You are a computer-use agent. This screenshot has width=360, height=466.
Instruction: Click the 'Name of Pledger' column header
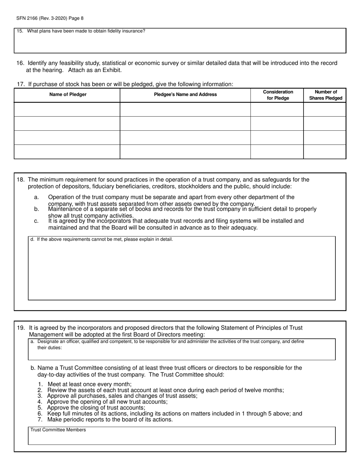coord(68,95)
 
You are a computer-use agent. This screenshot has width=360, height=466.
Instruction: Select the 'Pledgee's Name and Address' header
coord(185,95)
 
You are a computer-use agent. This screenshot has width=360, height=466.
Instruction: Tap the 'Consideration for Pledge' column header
coord(278,95)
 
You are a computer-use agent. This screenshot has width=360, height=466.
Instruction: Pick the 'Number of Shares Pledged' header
coord(326,95)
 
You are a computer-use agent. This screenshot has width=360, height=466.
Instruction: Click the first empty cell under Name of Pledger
coord(67,109)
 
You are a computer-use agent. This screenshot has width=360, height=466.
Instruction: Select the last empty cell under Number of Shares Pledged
coord(325,152)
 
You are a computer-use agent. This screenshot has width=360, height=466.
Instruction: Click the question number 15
coord(20,31)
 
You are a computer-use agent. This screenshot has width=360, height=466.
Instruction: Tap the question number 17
coord(20,84)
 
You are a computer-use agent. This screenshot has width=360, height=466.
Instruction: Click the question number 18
coord(20,180)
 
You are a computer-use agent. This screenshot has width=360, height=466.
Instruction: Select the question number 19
coord(21,328)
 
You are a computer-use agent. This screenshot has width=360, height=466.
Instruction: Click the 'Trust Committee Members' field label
coord(58,430)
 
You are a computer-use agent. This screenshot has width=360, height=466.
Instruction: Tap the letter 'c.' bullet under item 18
coord(36,221)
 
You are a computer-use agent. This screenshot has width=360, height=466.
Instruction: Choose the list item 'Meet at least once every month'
coord(89,384)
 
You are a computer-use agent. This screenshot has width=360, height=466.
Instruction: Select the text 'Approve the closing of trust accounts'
coord(96,408)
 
